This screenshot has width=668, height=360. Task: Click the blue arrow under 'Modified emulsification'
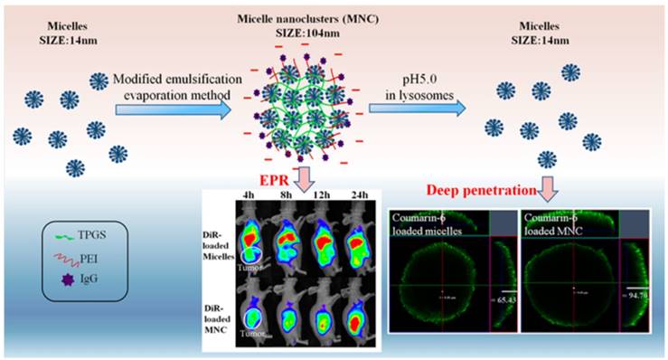click(172, 109)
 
